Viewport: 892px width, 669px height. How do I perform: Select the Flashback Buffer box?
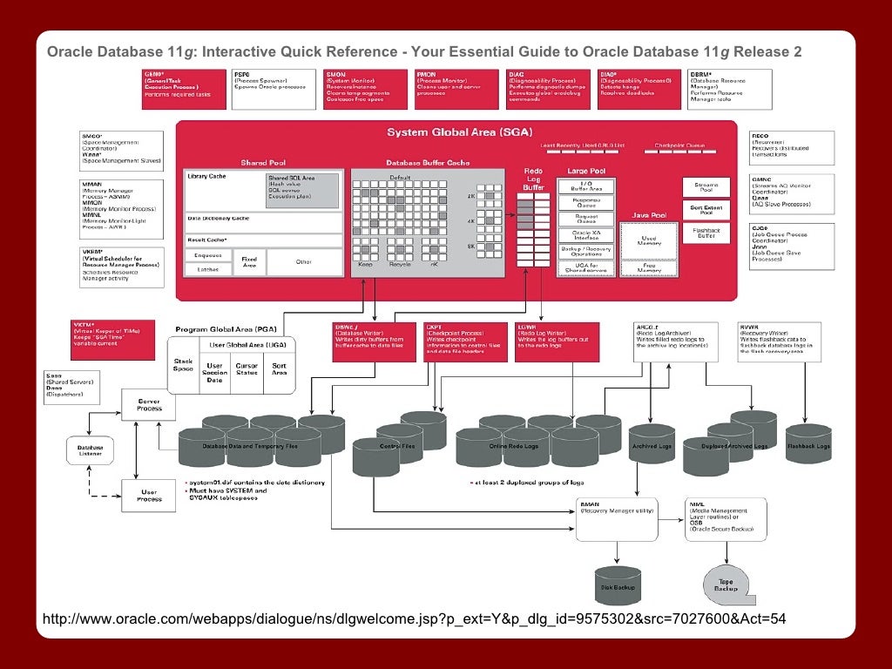tap(706, 233)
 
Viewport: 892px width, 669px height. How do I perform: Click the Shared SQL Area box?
tap(291, 187)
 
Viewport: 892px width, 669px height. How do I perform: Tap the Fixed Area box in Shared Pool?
tap(249, 261)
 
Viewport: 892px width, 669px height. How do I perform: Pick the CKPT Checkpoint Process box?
tap(465, 341)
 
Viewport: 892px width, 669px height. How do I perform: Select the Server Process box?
tap(147, 405)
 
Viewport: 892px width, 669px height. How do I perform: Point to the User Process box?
tap(149, 495)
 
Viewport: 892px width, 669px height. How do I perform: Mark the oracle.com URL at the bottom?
tap(414, 619)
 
